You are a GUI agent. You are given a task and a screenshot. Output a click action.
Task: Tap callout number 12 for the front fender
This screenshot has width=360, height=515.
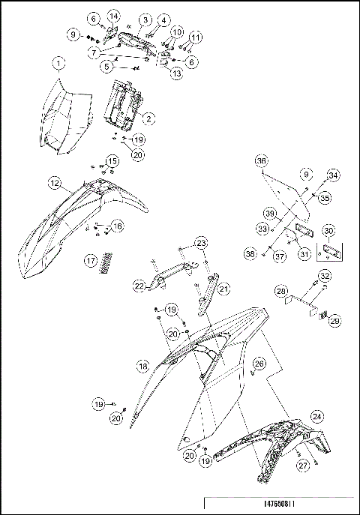point(55,182)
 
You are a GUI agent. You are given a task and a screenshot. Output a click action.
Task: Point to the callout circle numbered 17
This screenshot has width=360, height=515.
point(91,261)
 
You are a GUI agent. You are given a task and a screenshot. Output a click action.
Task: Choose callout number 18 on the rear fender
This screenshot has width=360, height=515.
point(142,366)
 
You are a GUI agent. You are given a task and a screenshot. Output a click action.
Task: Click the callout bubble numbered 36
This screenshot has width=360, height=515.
point(261,161)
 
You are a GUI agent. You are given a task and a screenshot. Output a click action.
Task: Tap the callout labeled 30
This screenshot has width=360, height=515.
point(328,231)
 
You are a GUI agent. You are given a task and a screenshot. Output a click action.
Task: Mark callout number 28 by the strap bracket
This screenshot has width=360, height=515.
point(280,290)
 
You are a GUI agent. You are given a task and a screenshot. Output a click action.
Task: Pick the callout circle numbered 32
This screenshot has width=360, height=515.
point(323,275)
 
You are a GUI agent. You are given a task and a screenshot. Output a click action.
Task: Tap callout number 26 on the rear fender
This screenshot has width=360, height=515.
point(259,364)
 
